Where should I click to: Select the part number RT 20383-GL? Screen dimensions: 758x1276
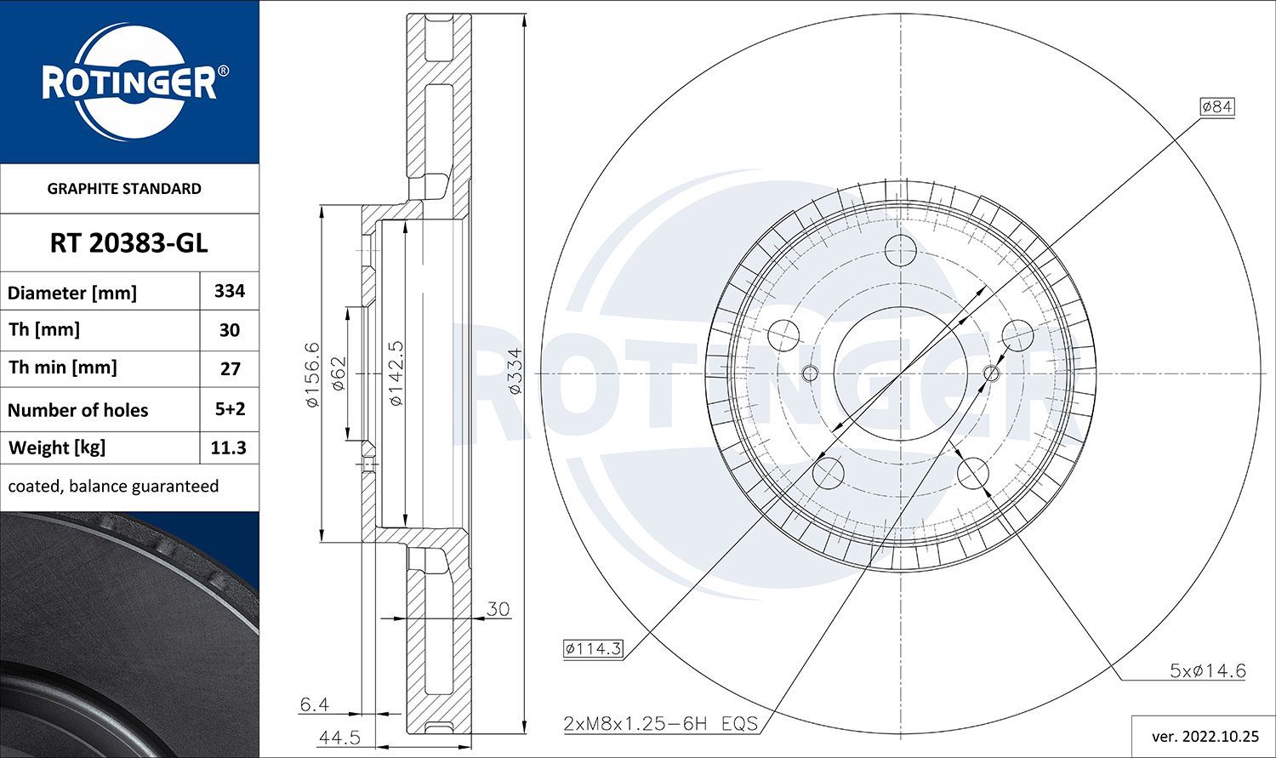tap(128, 243)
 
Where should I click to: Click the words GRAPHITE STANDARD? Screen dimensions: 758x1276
tap(124, 189)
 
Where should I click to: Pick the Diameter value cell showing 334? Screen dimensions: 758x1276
tap(230, 291)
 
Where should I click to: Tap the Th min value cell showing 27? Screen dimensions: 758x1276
tap(230, 368)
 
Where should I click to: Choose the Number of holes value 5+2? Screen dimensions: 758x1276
tap(230, 409)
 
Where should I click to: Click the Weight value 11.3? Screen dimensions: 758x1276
tap(229, 447)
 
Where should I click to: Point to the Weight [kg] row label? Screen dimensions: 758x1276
tap(57, 447)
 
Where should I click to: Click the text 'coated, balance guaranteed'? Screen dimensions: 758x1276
tap(113, 487)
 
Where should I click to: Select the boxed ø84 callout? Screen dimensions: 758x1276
tap(1216, 106)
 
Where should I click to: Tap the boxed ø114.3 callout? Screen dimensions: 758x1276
tap(593, 649)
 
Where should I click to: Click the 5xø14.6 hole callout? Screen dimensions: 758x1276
tap(1207, 670)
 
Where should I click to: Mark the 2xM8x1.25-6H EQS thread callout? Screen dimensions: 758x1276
tap(660, 724)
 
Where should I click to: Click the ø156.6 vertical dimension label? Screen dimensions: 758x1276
tap(312, 373)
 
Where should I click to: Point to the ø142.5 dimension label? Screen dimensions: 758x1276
tap(395, 373)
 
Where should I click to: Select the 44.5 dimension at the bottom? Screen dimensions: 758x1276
tap(339, 737)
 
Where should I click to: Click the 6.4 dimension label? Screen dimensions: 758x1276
tap(314, 704)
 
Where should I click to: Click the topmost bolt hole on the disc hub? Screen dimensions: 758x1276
tap(900, 250)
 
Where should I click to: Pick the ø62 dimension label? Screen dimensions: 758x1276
tap(338, 373)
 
